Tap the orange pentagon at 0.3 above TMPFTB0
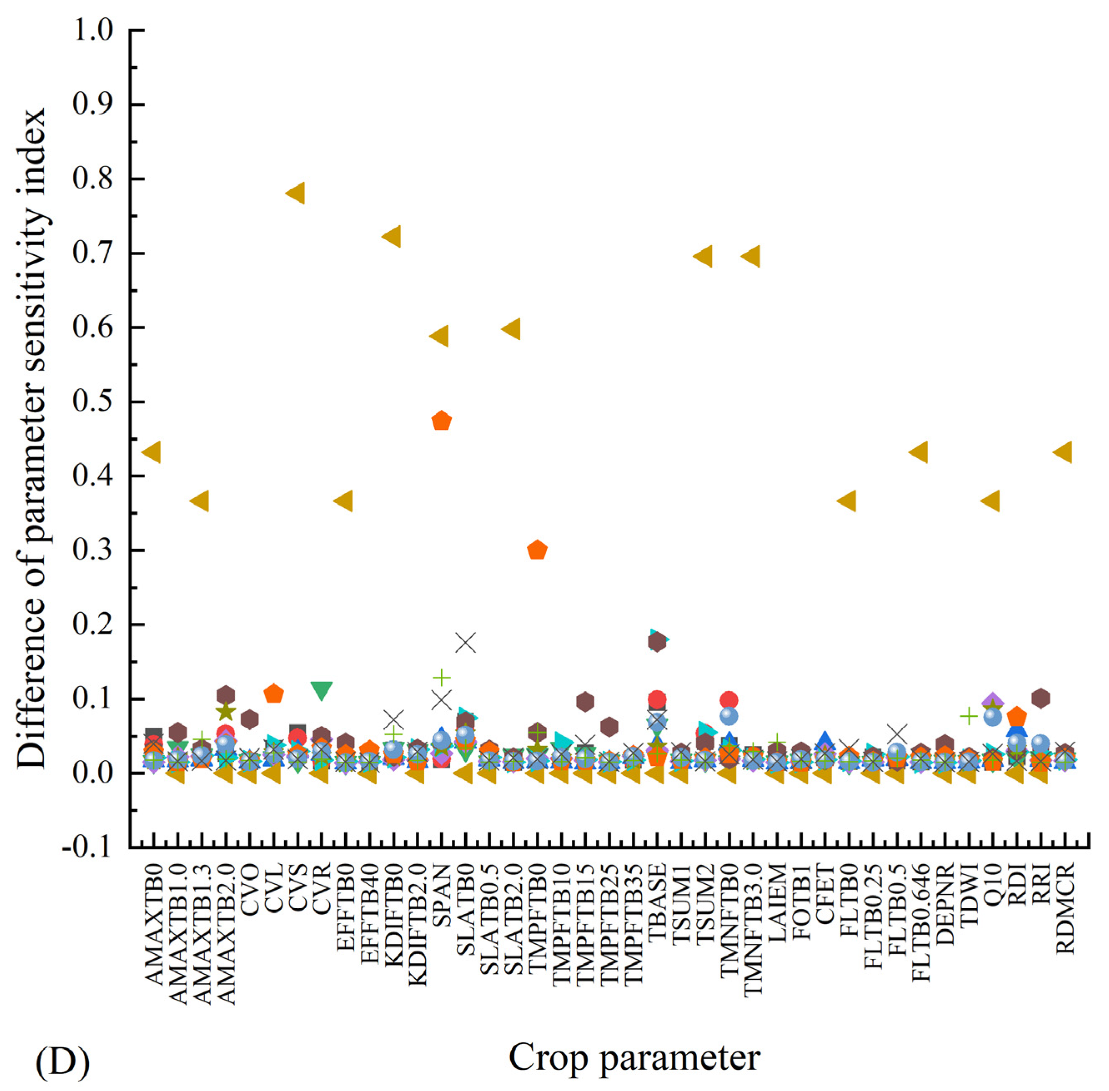(537, 550)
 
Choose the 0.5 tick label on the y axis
(92, 402)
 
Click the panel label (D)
(63, 1061)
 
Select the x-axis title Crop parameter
(634, 1057)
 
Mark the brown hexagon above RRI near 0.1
(1040, 698)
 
